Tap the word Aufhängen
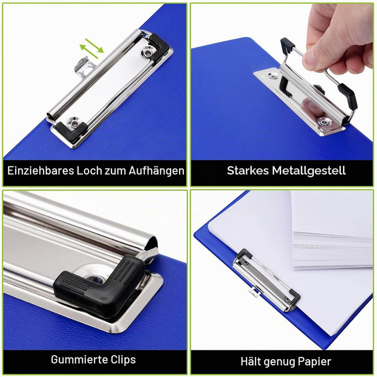click(x=156, y=171)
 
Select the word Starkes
click(x=248, y=171)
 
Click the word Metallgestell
click(x=309, y=171)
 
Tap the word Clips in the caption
click(x=123, y=360)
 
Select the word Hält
click(x=250, y=361)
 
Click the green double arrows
click(x=92, y=48)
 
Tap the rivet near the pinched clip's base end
click(x=325, y=122)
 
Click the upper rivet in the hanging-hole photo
click(x=147, y=52)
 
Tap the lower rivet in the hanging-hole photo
click(x=74, y=123)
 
